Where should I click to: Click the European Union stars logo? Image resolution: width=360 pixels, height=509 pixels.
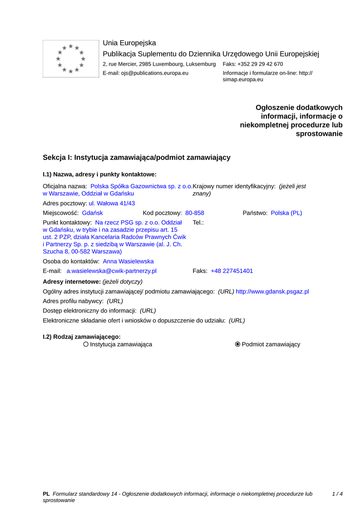pos(71,59)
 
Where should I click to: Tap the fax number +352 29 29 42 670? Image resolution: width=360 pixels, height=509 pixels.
pos(260,64)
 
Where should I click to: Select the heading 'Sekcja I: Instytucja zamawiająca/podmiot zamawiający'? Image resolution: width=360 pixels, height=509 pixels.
pos(137,158)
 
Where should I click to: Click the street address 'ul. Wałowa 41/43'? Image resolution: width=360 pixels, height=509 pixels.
pos(112,203)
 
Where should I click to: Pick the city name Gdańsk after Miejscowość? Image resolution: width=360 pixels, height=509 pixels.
pos(92,213)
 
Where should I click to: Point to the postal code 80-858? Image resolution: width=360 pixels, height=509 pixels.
pos(194,213)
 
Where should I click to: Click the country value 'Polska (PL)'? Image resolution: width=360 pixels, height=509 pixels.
pos(286,213)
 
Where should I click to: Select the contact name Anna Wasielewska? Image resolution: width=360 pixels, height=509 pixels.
pos(128,261)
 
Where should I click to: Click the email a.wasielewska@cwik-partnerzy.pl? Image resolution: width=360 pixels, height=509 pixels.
pos(111,271)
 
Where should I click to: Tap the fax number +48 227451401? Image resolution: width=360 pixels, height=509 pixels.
pos(232,271)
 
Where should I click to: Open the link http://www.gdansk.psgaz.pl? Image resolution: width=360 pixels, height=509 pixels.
pos(272,291)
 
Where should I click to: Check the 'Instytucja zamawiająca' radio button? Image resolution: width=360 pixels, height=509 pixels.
pos(86,344)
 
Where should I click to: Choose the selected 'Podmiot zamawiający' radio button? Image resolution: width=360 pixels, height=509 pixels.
pos(238,344)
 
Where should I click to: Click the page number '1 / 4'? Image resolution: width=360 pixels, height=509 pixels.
pos(337,494)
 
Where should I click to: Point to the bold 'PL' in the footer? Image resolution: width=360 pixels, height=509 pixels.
pos(46,494)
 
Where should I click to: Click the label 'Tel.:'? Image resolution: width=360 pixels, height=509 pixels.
pos(198,223)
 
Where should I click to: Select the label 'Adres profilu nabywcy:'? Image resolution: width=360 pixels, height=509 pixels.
pos(73,301)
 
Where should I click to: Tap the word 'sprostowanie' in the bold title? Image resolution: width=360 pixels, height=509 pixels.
pos(319,134)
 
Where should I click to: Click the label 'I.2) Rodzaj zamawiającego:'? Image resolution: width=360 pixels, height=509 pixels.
pos(82,337)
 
